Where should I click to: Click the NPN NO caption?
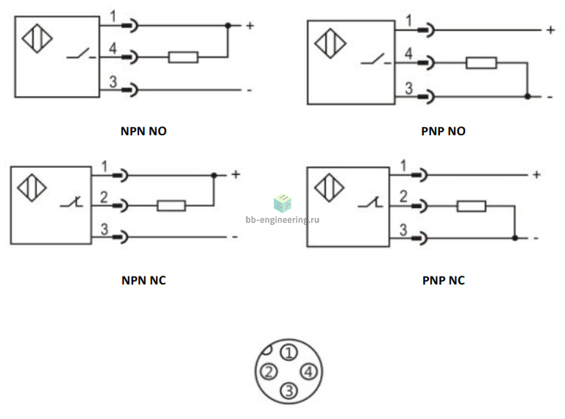143,131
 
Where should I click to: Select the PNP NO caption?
443,131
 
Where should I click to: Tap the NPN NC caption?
143,280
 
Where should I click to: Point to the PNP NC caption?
443,280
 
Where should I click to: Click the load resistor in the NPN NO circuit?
183,57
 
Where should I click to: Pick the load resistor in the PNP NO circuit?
481,63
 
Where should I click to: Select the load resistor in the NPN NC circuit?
171,206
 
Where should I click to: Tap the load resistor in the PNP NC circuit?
472,207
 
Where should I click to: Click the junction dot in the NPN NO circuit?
228,26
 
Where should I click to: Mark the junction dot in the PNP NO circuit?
527,96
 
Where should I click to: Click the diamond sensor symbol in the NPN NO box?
37,38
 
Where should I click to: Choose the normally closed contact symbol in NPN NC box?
71,202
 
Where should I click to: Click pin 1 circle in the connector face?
289,353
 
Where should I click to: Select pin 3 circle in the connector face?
289,390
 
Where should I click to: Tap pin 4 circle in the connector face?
308,371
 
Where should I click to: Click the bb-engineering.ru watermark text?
282,220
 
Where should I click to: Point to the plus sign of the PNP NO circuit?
550,30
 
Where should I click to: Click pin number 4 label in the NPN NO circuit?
113,49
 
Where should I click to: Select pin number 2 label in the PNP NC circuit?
403,196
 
